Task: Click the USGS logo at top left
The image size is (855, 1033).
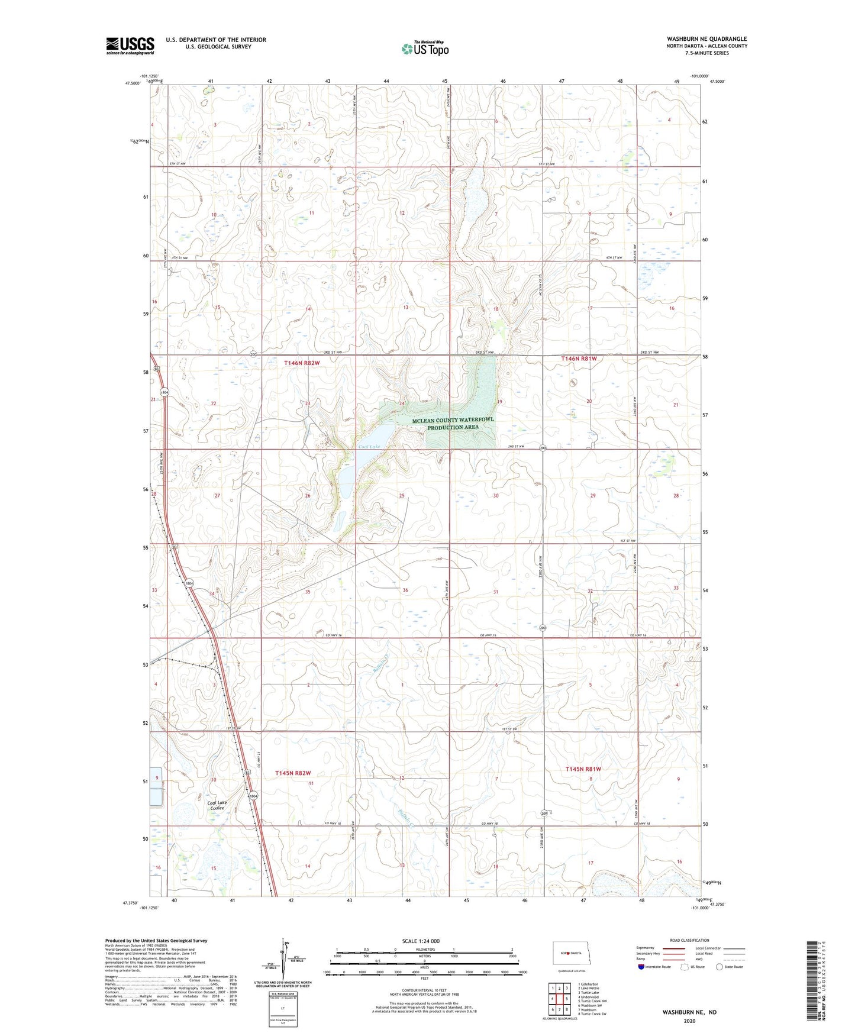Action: [130, 46]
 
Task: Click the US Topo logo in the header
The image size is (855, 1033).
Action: [425, 49]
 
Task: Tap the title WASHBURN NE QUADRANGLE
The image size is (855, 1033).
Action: [706, 39]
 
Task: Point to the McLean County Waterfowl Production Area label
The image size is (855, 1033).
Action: [453, 423]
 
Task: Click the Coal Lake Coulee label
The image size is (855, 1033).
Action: [217, 805]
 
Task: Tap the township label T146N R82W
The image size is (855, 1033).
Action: [302, 363]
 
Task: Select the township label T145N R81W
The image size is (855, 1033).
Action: [583, 769]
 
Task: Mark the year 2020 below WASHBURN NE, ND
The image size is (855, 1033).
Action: [689, 1021]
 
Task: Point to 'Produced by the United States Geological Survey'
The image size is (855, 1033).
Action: [156, 940]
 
